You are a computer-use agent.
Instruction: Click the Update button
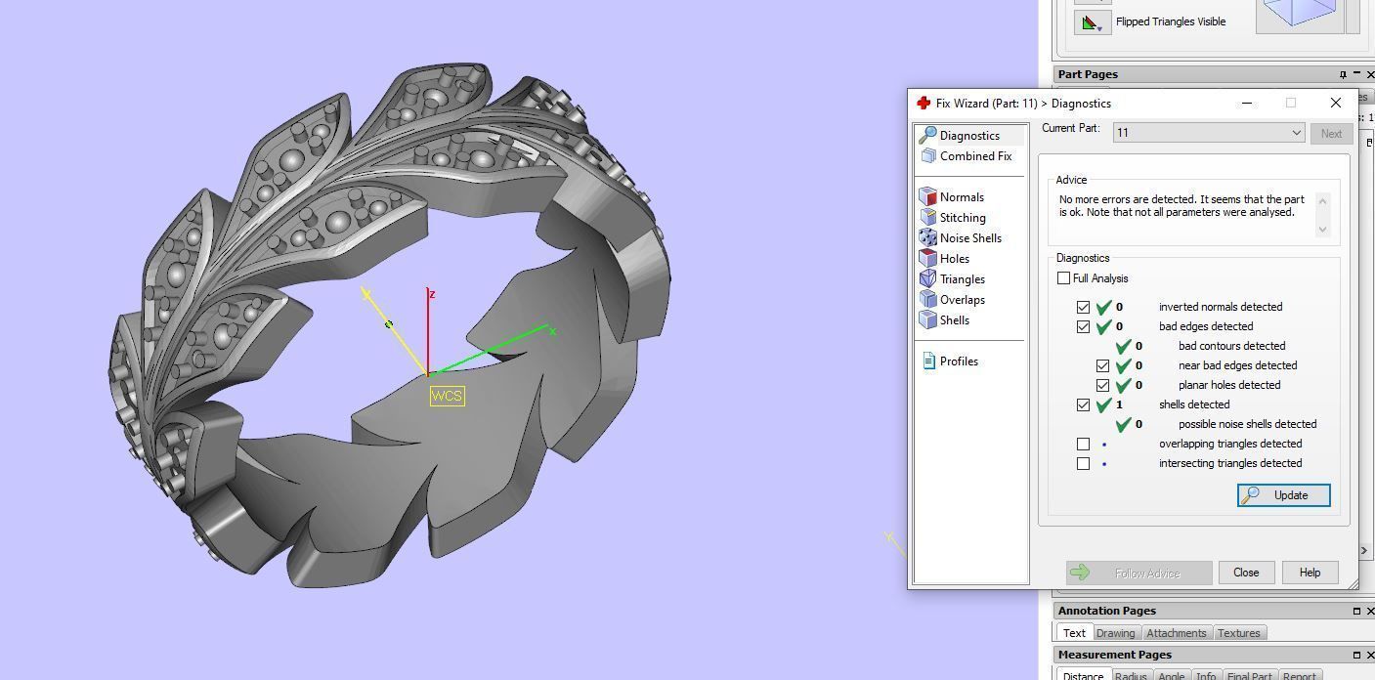coord(1283,495)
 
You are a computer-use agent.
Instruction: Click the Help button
coord(1310,573)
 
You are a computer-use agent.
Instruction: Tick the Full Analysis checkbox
coord(1064,278)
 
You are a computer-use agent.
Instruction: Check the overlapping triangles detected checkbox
coord(1083,444)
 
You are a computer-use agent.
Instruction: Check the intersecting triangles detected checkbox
coord(1083,463)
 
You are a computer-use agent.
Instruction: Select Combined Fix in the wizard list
coord(974,156)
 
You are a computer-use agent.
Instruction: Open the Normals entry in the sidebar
coord(961,197)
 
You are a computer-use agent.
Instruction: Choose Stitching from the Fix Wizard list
coord(962,218)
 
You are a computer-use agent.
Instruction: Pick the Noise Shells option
coord(969,238)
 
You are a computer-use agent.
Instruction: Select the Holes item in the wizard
coord(954,259)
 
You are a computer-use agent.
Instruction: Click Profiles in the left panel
coord(958,361)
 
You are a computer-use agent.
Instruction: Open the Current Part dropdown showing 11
coord(1209,133)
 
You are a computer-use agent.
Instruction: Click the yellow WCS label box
coord(447,396)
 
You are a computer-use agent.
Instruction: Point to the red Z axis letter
coord(432,294)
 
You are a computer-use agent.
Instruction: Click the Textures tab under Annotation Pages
coord(1238,633)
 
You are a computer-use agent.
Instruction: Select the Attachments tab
coord(1176,633)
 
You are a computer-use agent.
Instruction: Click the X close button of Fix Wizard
coord(1335,103)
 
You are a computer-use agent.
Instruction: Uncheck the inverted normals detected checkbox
coord(1083,307)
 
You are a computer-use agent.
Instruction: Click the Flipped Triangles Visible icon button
coord(1092,22)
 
